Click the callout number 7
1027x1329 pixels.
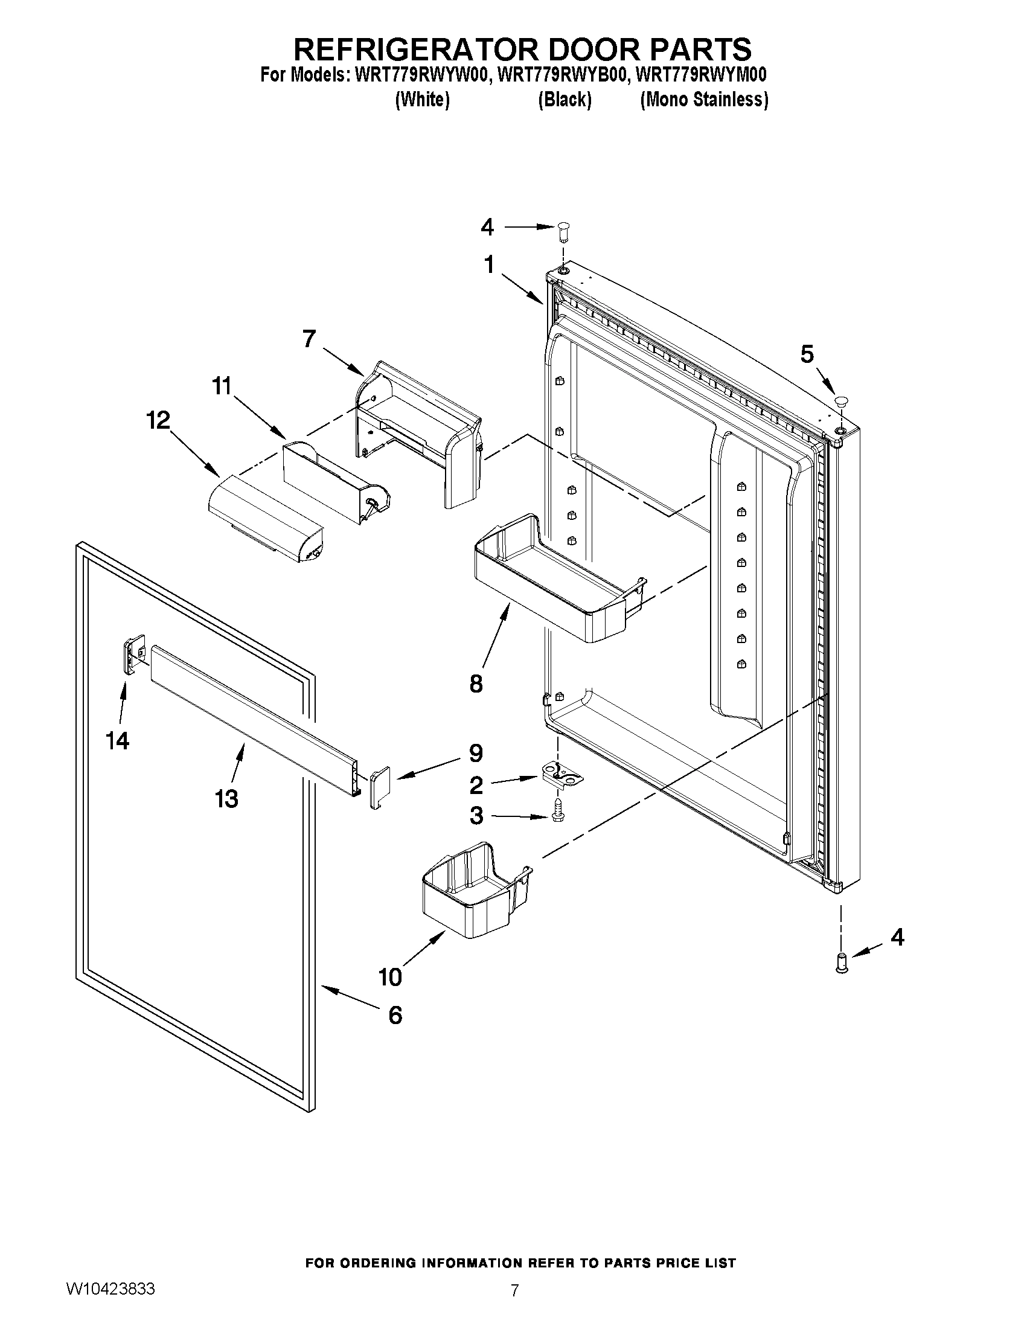tap(309, 339)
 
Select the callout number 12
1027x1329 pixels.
tap(158, 420)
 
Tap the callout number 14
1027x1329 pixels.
tap(117, 741)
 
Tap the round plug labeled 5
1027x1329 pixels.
tap(842, 402)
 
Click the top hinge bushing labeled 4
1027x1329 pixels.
tap(563, 231)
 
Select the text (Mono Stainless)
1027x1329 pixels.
tap(704, 100)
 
